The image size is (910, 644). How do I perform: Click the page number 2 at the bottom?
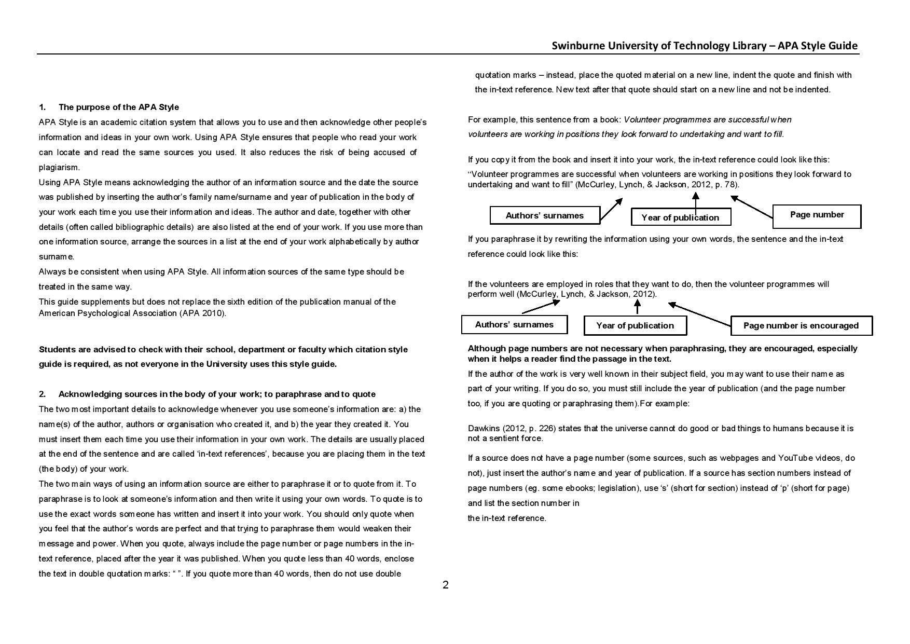coord(445,585)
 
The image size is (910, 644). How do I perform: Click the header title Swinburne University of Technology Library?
coord(659,46)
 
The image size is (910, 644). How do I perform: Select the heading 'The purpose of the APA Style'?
coord(118,107)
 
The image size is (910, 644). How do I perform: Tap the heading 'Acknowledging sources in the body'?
coord(217,394)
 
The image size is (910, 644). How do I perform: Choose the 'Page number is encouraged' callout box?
coord(801,326)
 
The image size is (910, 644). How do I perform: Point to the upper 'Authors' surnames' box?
coord(544,215)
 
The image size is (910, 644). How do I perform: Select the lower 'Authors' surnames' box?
coord(514,325)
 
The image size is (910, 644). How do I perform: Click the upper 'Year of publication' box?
coord(680,217)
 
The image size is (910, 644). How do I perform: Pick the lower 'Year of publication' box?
coord(635,326)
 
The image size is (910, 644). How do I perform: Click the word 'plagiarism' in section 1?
coord(58,168)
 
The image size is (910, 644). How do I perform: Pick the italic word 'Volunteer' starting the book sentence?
coord(641,120)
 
